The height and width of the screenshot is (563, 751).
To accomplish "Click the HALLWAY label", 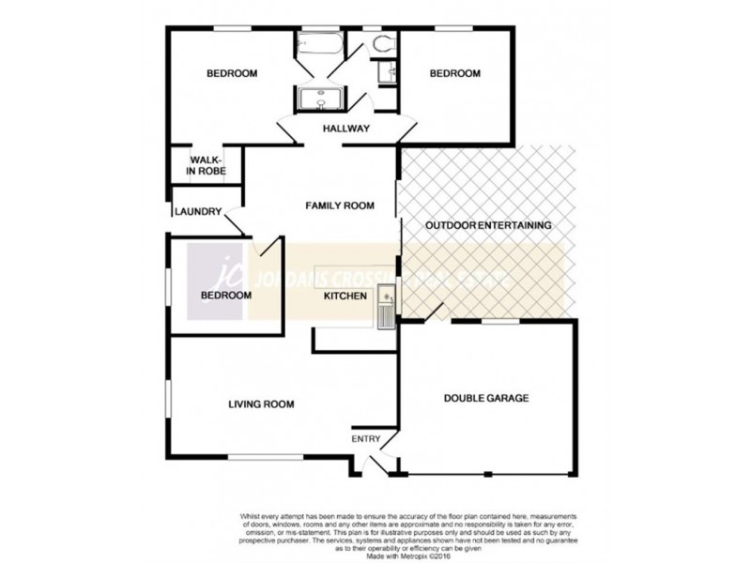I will pyautogui.click(x=345, y=129).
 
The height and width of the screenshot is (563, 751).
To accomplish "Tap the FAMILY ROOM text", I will pyautogui.click(x=339, y=205).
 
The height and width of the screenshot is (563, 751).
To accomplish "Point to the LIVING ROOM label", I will pyautogui.click(x=261, y=404).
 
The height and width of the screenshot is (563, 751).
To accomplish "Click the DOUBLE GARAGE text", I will pyautogui.click(x=486, y=398).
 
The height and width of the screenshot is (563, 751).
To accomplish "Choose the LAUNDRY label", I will pyautogui.click(x=196, y=212).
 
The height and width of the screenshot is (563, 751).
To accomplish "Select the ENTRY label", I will pyautogui.click(x=364, y=438).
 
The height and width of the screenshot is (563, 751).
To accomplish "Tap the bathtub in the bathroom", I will pyautogui.click(x=314, y=45).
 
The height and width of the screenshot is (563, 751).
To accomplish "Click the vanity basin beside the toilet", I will pyautogui.click(x=382, y=72).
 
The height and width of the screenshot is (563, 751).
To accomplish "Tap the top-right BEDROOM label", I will pyautogui.click(x=454, y=74).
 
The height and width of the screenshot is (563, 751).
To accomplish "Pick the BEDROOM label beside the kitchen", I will pyautogui.click(x=225, y=296).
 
